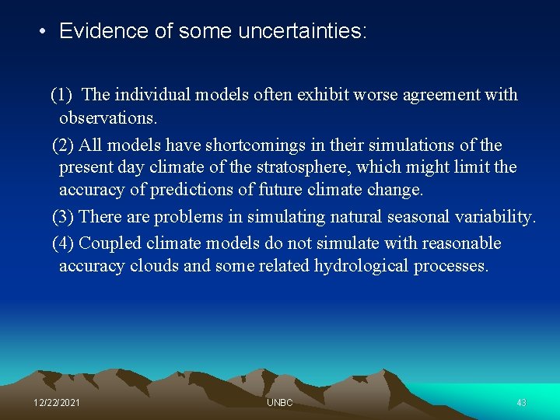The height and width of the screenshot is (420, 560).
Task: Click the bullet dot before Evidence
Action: coord(44,32)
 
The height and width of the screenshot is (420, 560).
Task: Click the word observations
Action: coord(108,118)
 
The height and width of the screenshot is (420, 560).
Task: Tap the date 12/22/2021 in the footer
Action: coord(57,403)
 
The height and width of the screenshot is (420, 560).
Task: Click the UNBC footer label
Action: coord(279,403)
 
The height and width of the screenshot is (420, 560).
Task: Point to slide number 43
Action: coord(521,403)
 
